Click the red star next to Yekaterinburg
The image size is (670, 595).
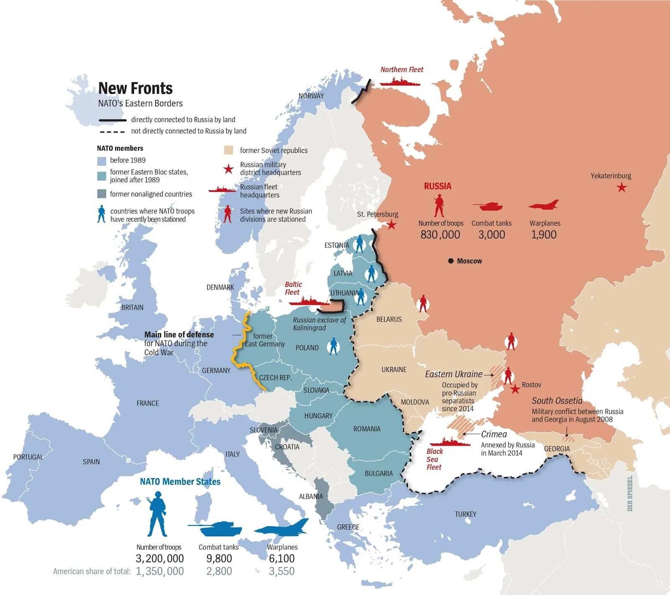coord(622,187)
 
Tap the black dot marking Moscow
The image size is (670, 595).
coord(451,261)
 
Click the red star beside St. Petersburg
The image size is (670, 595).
coord(392,225)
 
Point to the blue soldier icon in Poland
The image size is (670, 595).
coord(333,346)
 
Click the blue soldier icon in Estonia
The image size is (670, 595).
coord(359,244)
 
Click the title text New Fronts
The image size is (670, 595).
coord(135,88)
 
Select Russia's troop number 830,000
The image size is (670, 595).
coord(440,235)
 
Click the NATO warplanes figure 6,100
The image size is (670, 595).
coord(282,558)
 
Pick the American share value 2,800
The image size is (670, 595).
coord(219,571)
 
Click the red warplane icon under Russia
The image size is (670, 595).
coord(544,205)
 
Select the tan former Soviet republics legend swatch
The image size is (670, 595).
coord(228,150)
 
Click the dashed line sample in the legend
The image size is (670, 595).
coord(112,132)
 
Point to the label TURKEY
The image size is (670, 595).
coord(465,514)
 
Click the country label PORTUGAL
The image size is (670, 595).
coord(28,457)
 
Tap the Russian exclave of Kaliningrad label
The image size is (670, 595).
coord(319,323)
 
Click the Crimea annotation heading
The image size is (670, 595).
coord(494,434)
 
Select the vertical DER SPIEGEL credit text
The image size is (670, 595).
coord(630,493)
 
